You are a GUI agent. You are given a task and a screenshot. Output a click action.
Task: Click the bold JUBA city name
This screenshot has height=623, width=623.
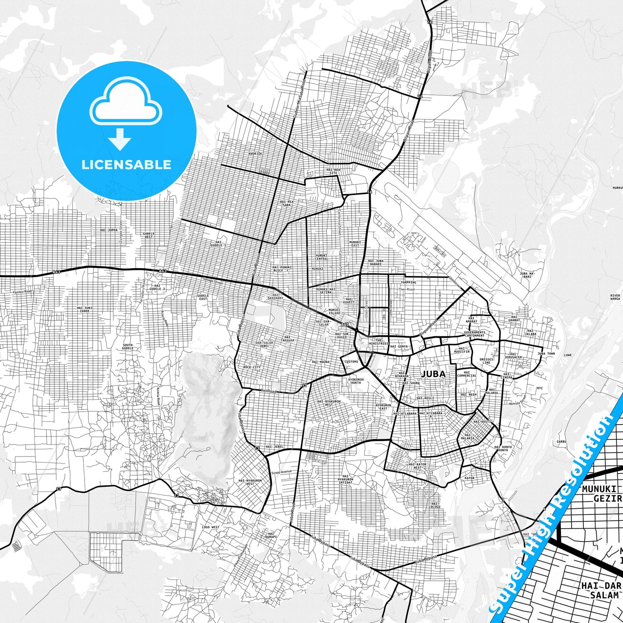coord(433,374)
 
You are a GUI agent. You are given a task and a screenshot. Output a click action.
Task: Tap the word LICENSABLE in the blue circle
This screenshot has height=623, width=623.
coord(126,164)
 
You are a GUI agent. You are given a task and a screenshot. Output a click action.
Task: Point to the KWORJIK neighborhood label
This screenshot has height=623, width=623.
coord(255,153)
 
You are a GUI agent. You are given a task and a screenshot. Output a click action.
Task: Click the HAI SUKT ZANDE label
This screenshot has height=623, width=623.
coord(85,309)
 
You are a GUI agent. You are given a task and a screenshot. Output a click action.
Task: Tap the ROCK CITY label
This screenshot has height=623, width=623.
coord(252,367)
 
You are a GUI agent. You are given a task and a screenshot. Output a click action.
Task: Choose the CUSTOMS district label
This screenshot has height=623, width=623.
coord(351,362)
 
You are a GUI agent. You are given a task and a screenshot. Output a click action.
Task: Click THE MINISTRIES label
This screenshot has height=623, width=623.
coord(379,341)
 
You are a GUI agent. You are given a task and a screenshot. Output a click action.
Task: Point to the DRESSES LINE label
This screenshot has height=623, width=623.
coord(486,361)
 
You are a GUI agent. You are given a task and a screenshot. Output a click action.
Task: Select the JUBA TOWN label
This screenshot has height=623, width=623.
coord(546,354)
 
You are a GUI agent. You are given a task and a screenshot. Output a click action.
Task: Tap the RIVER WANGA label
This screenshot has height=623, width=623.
coord(615,297)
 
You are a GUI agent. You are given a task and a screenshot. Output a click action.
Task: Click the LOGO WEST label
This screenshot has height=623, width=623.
coord(210,527)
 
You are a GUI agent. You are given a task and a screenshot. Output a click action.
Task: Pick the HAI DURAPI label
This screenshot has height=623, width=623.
coord(271,535)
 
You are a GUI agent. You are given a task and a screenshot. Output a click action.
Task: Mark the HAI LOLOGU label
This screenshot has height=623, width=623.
coord(435,505)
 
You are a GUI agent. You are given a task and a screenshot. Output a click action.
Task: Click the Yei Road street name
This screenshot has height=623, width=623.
coord(269,391)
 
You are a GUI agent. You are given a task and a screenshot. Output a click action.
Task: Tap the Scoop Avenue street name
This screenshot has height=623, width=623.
coord(282,472)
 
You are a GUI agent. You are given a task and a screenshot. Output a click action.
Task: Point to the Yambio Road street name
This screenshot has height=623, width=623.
coord(22,292)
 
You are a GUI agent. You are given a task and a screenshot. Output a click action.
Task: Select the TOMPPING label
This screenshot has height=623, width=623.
coord(408,282)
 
